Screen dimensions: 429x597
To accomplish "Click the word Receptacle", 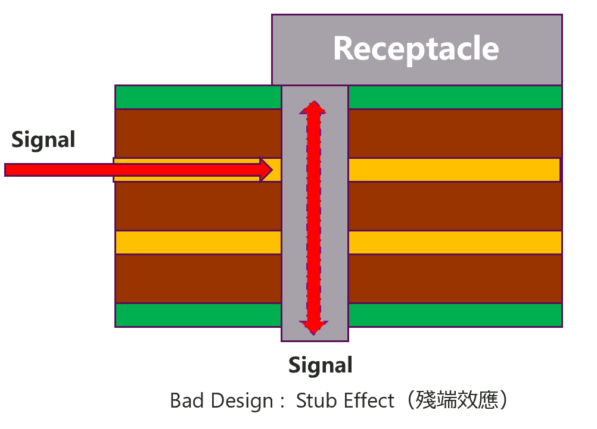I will tap(416, 48).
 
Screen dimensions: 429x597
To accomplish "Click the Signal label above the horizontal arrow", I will tap(43, 139).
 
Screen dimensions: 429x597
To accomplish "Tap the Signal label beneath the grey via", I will tap(321, 365).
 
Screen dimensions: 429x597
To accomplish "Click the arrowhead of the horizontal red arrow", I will tap(266, 170).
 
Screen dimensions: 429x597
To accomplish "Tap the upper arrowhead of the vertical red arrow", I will tap(313, 107).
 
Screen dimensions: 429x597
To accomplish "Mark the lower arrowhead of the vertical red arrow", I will tap(313, 327).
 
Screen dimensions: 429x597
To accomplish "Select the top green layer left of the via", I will tap(198, 97).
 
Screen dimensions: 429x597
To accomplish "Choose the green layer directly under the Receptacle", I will tap(455, 97).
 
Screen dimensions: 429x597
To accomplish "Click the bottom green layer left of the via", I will tap(198, 315).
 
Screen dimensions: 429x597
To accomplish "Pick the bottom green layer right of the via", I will tap(455, 315).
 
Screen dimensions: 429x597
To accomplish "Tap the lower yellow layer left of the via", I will tap(198, 242).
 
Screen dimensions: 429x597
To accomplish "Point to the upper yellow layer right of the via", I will tap(454, 170).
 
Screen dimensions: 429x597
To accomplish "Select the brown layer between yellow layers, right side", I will tap(455, 206).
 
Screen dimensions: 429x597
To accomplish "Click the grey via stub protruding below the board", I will tap(315, 335).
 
